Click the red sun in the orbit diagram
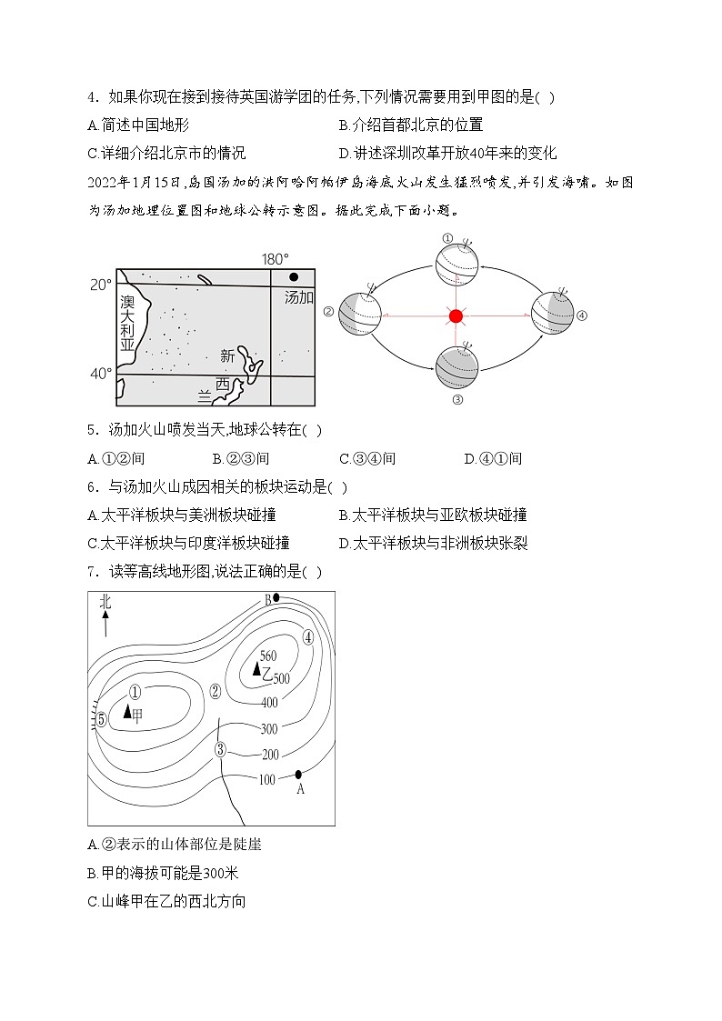tap(456, 316)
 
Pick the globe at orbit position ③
tap(456, 368)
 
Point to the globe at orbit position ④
tap(552, 313)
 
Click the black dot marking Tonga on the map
tap(293, 277)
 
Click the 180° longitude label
tap(275, 259)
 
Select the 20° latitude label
tap(101, 284)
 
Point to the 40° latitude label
tap(101, 374)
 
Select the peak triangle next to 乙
tap(256, 670)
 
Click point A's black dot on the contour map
tap(298, 775)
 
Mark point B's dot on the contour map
tap(276, 598)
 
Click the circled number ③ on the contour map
tap(220, 749)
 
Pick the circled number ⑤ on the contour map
tap(102, 720)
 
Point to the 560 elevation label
tap(267, 656)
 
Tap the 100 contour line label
tap(266, 779)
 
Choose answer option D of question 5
tap(493, 458)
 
